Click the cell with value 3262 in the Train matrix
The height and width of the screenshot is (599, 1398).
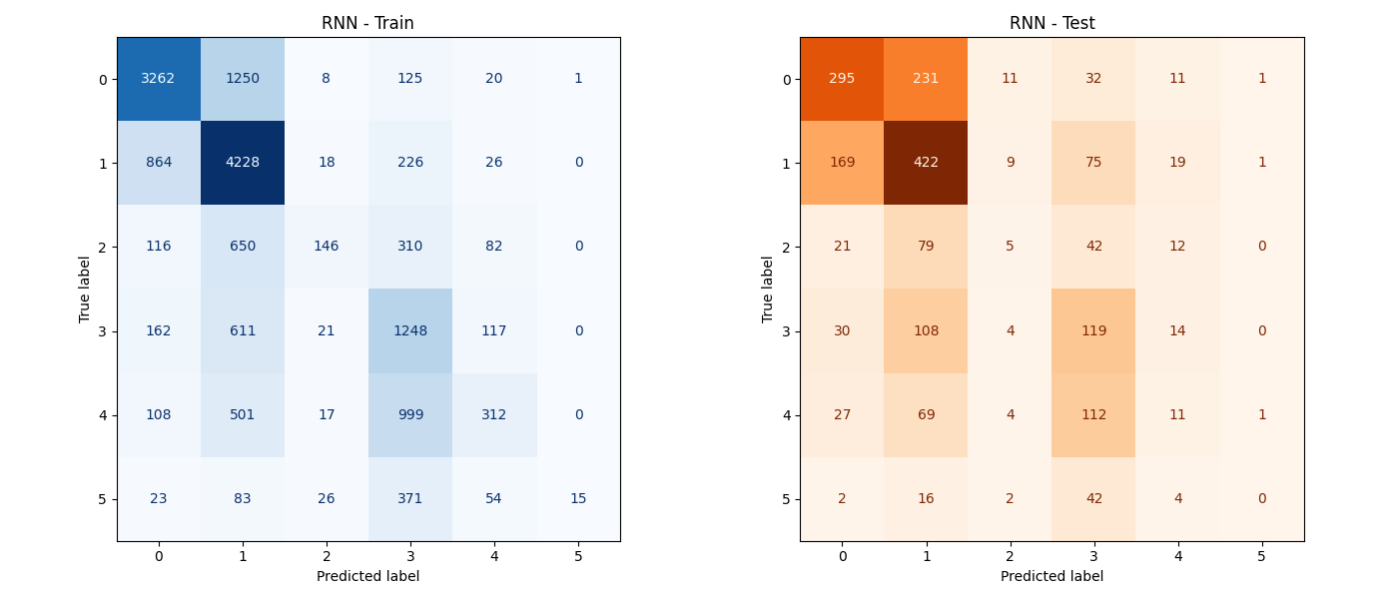coord(159,79)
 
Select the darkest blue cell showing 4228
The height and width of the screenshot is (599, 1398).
coord(243,163)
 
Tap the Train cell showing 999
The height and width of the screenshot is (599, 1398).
coord(410,414)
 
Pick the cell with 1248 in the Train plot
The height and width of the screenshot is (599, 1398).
coord(410,330)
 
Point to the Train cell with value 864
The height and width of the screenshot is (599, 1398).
coord(159,163)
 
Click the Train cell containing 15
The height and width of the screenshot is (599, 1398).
coord(578,498)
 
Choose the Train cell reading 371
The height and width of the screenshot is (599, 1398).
coord(410,498)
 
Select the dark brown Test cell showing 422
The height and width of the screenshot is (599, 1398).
coord(926,163)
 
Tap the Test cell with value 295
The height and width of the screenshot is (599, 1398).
coord(842,79)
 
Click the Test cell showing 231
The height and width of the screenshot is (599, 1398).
coord(926,79)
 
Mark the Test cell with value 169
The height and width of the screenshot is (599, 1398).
coord(842,163)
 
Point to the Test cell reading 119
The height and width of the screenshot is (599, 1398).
coord(1093,330)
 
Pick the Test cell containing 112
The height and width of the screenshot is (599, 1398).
coord(1093,414)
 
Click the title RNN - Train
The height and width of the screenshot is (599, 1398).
coord(367,23)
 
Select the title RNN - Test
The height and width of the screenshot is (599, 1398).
coord(1051,23)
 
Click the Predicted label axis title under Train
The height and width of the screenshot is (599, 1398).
coord(367,576)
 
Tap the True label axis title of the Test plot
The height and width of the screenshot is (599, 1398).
coord(768,290)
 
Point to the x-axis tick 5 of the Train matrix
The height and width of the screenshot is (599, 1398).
coord(578,555)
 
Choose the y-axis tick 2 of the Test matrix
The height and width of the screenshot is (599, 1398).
coord(786,247)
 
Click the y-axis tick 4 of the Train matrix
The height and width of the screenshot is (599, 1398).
coord(103,414)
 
